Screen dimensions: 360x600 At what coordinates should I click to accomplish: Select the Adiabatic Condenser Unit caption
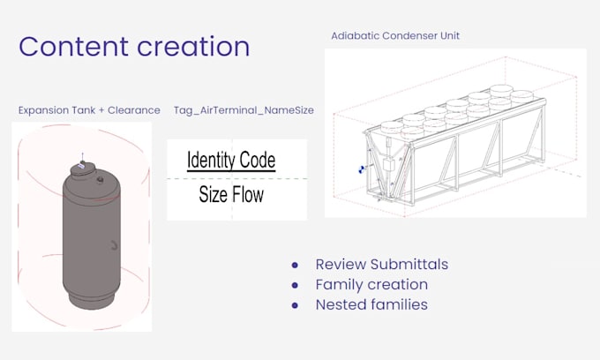[x=394, y=36]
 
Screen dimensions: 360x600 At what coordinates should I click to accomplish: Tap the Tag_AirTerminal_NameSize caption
[x=244, y=110]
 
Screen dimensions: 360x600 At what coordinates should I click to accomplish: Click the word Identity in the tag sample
[x=212, y=161]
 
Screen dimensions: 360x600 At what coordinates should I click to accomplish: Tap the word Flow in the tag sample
[x=248, y=194]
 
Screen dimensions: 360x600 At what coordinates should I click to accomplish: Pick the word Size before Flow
[x=214, y=194]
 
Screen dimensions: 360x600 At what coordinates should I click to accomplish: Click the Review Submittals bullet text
[x=381, y=264]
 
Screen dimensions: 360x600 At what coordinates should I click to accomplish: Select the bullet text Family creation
[x=371, y=284]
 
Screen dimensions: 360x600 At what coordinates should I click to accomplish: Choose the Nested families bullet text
[x=371, y=304]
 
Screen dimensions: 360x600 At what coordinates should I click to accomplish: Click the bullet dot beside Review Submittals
[x=295, y=265]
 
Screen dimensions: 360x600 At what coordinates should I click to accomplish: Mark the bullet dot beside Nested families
[x=295, y=305]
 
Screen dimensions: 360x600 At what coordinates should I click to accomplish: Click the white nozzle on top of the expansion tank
[x=81, y=164]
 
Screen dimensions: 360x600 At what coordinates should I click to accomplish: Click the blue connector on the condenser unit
[x=361, y=170]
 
